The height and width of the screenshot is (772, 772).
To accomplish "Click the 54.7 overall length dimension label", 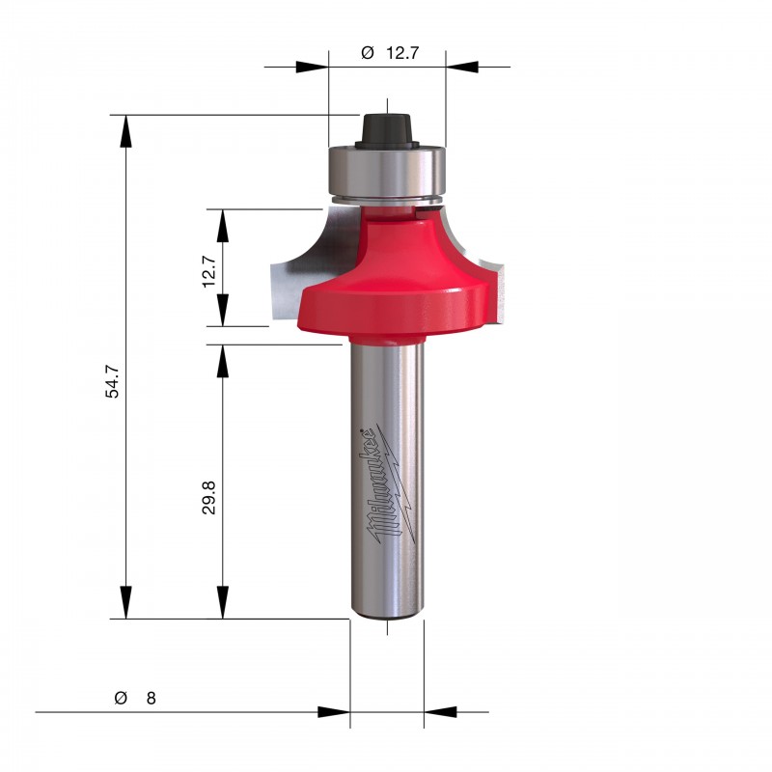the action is tap(112, 381).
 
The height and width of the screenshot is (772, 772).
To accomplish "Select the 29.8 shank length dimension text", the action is tap(208, 498).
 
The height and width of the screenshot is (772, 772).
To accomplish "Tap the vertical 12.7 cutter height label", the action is tap(208, 271).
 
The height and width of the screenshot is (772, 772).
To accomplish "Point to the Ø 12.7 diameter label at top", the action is tap(390, 52).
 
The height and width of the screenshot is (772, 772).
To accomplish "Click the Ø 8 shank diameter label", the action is tap(135, 698).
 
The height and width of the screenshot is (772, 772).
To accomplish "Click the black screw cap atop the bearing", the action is tap(387, 130).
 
